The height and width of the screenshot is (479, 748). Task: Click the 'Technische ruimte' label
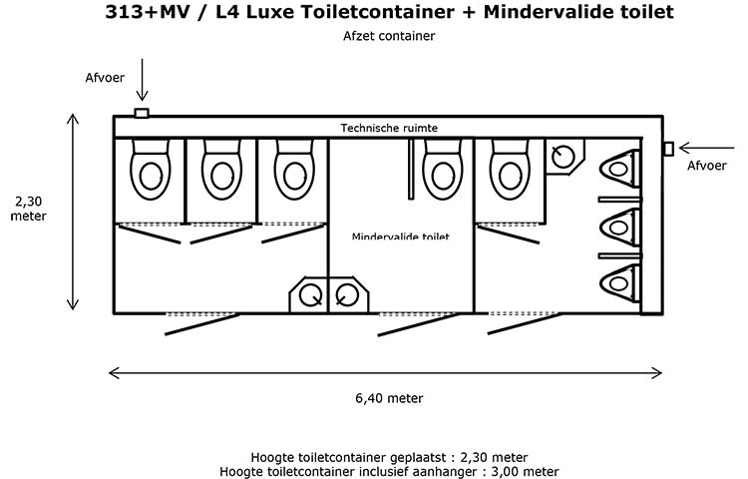coord(389,128)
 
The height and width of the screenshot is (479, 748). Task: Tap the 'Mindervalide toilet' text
coord(400,237)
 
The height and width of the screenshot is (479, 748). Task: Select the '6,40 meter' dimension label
coord(389,398)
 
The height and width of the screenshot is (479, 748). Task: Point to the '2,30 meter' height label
coord(29,209)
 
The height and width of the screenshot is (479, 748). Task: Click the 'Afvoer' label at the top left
coord(105,77)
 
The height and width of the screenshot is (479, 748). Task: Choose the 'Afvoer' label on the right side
coord(706,166)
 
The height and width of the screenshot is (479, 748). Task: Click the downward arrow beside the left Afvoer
coord(142,80)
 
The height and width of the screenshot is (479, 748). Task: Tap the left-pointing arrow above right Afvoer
coord(706,148)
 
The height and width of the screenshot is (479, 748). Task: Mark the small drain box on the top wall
coord(142,113)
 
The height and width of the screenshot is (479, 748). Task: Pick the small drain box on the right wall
coord(669,149)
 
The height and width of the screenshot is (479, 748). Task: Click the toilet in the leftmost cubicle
coord(151,170)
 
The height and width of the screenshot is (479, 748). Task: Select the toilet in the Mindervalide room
coord(442,170)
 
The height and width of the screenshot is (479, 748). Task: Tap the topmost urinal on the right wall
coord(619,168)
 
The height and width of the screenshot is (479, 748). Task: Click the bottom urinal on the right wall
coord(619,283)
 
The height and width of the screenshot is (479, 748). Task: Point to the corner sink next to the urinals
coord(564,157)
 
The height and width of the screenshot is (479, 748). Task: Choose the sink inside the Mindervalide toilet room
coord(349,294)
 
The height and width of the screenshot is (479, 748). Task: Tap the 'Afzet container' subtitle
coord(389,36)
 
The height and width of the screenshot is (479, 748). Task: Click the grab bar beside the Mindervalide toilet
coord(411,169)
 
